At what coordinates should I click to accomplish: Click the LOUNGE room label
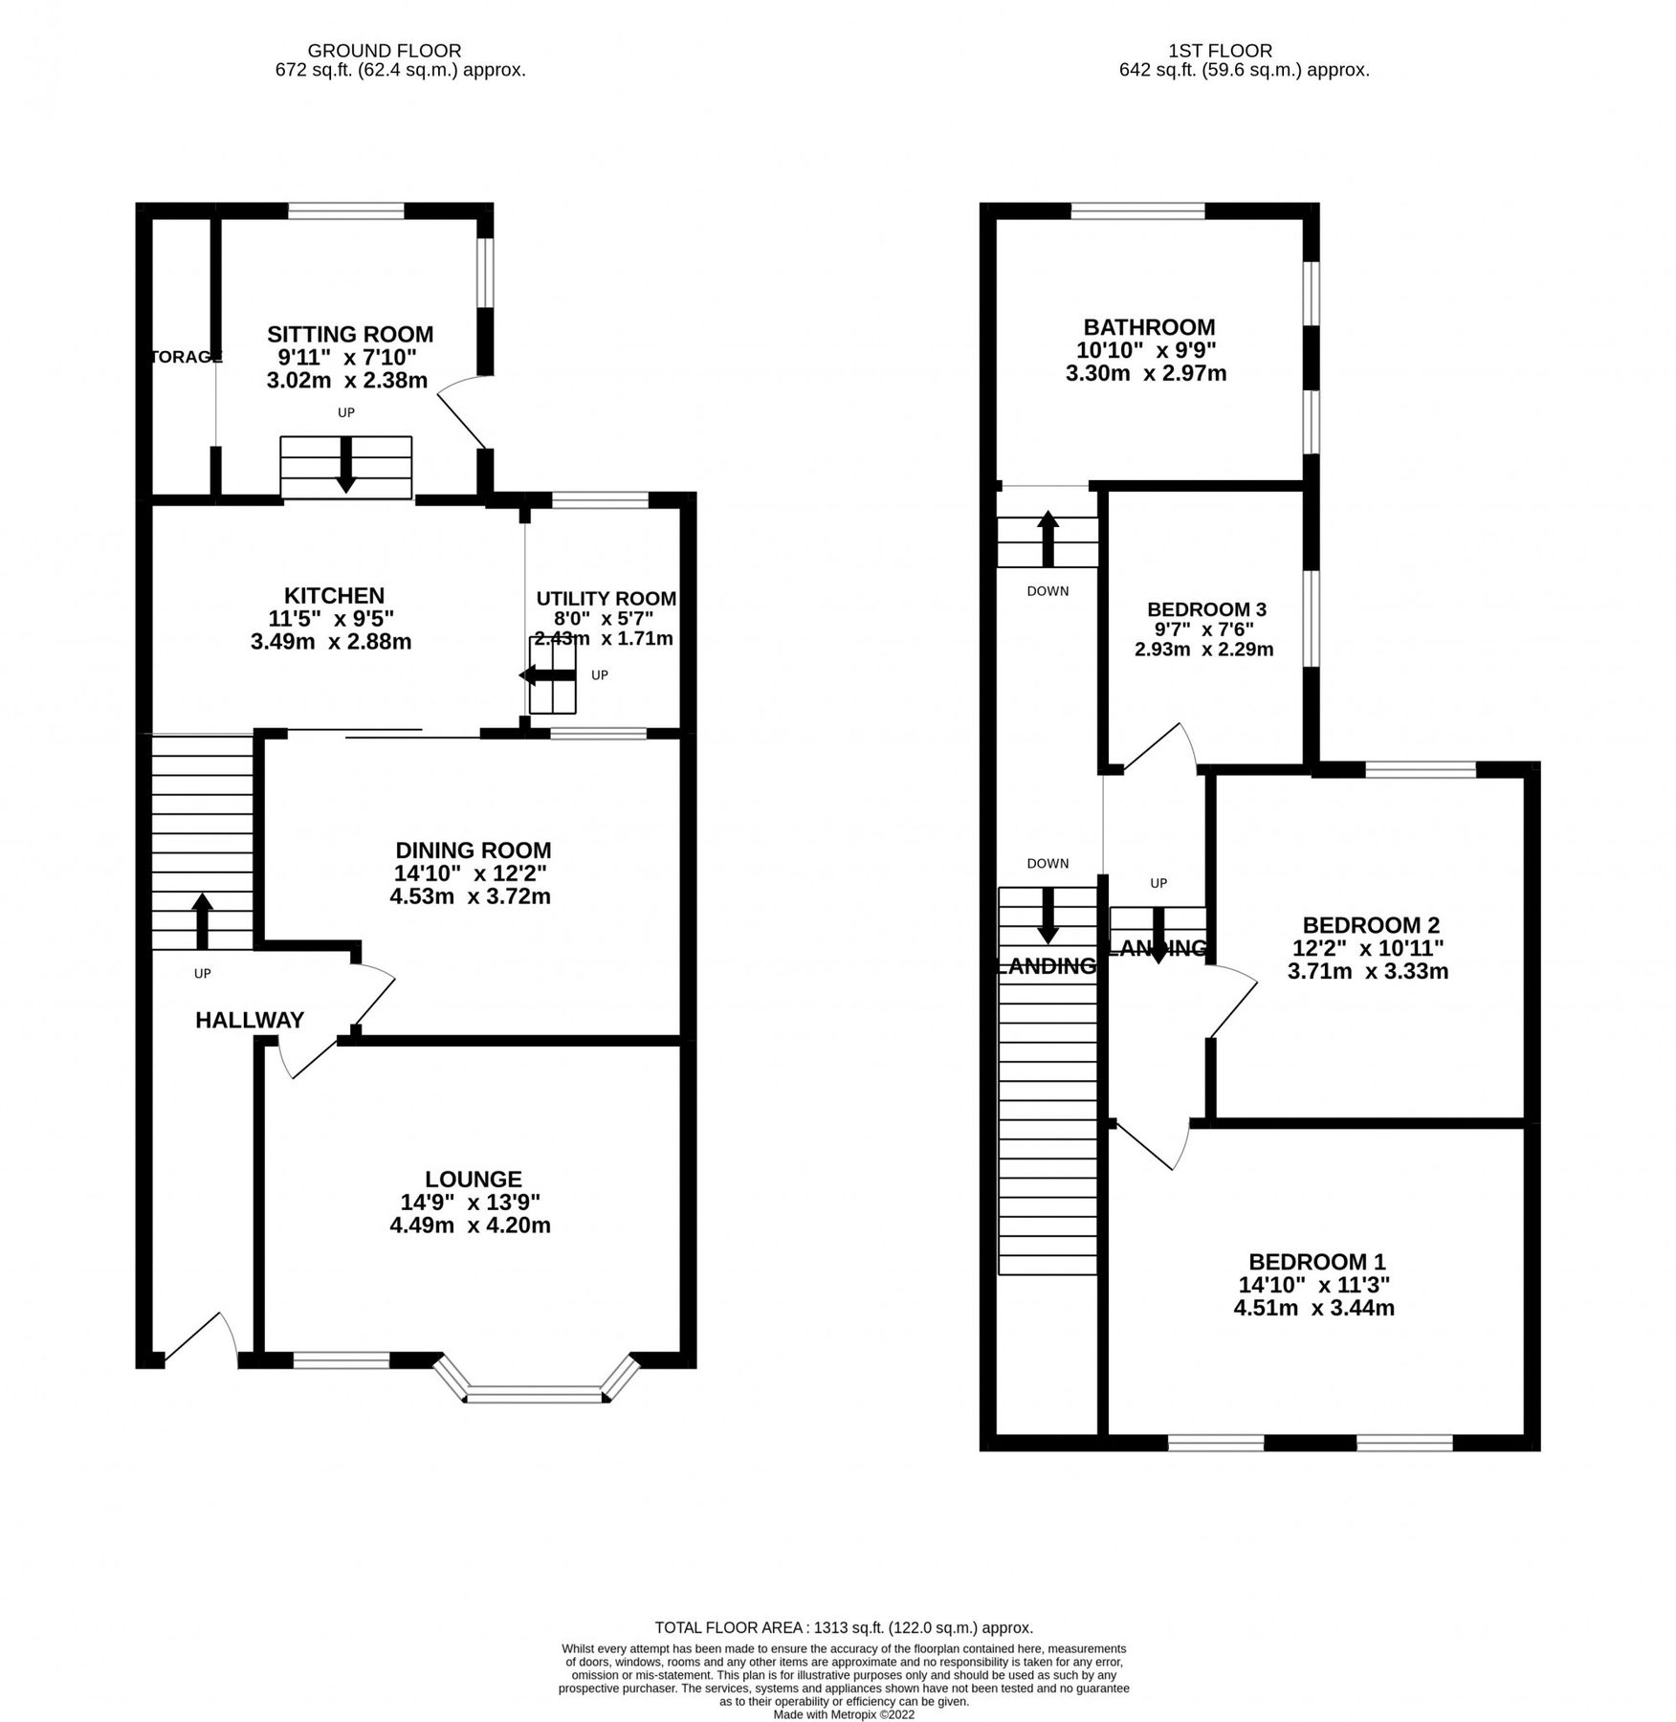474,1179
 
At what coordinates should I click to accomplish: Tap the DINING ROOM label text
474,850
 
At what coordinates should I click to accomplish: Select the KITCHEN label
334,595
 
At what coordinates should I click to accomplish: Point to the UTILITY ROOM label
606,599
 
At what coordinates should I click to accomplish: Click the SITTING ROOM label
350,334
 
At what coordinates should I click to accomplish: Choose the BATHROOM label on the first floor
1149,327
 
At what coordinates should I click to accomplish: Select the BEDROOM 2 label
1371,925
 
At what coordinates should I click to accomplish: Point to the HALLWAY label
250,1020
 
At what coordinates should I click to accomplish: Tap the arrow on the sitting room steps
345,466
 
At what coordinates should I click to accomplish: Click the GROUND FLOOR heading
385,51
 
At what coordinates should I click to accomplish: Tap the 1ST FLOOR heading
1220,51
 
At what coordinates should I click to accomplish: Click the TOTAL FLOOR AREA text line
843,1627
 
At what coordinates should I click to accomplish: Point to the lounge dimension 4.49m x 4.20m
470,1225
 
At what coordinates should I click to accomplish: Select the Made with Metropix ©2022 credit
844,1715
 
